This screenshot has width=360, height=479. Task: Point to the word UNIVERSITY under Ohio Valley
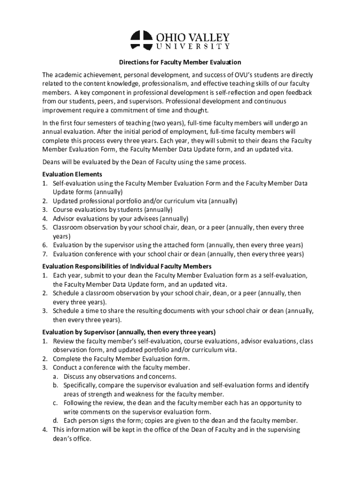click(193, 47)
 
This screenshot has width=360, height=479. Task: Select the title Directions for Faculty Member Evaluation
click(180, 62)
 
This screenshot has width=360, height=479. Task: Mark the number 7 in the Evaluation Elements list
click(44, 254)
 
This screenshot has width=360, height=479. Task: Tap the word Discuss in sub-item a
click(75, 376)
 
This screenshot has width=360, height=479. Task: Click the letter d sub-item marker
click(55, 421)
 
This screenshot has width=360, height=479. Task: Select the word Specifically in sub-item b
click(80, 385)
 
